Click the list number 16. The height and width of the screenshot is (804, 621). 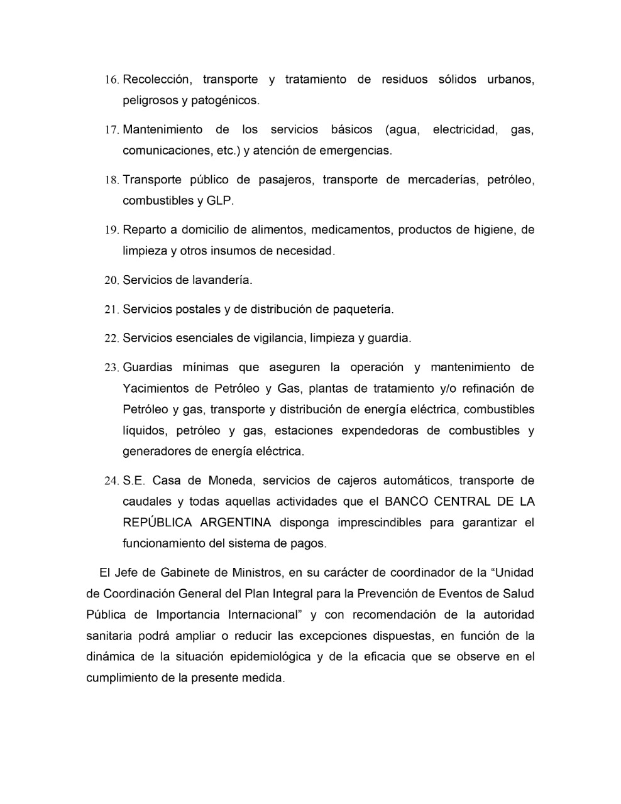[x=111, y=80]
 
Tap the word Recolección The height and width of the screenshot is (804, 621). [x=156, y=80]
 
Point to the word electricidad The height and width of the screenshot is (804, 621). [x=466, y=130]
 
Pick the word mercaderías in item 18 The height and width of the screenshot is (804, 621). [x=443, y=180]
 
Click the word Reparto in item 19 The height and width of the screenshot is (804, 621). [x=145, y=230]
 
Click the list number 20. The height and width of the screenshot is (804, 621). [x=111, y=281]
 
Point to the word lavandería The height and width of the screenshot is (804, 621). [x=220, y=280]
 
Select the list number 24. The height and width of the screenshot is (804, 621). [x=111, y=482]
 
